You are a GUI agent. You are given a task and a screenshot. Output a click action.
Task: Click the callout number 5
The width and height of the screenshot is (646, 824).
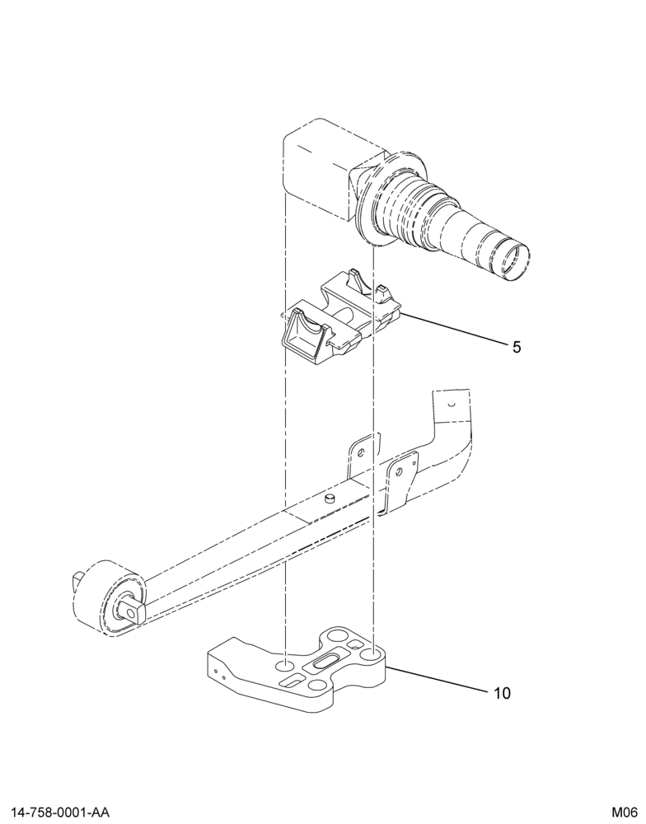pos(517,347)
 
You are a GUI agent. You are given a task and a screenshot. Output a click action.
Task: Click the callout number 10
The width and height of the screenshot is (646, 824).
pos(503,693)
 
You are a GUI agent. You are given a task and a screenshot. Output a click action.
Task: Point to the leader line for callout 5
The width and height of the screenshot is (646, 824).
pos(452,328)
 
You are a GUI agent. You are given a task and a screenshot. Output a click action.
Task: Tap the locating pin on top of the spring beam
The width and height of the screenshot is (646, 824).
pos(330,498)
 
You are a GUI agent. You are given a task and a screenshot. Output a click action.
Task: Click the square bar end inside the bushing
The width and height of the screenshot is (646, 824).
pos(130,611)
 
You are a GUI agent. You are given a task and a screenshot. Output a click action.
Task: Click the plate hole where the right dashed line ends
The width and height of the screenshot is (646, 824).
pos(372,655)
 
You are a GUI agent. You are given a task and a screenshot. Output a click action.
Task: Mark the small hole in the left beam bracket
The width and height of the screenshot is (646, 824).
pos(361,452)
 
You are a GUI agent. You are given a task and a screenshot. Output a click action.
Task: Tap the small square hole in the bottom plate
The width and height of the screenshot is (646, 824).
pos(356,644)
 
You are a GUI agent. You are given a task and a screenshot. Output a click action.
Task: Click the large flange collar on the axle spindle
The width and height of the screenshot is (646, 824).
pos(389,199)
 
